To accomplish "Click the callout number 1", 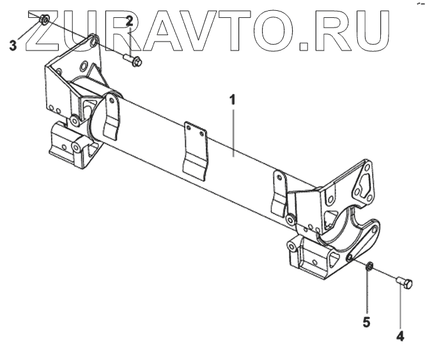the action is coord(233,100).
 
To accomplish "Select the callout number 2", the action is coord(129,22).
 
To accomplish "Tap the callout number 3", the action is coord(13,45).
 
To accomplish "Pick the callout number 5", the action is coord(367,322).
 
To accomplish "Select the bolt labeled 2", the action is coord(133,61).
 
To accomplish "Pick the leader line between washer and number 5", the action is coord(368,291).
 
